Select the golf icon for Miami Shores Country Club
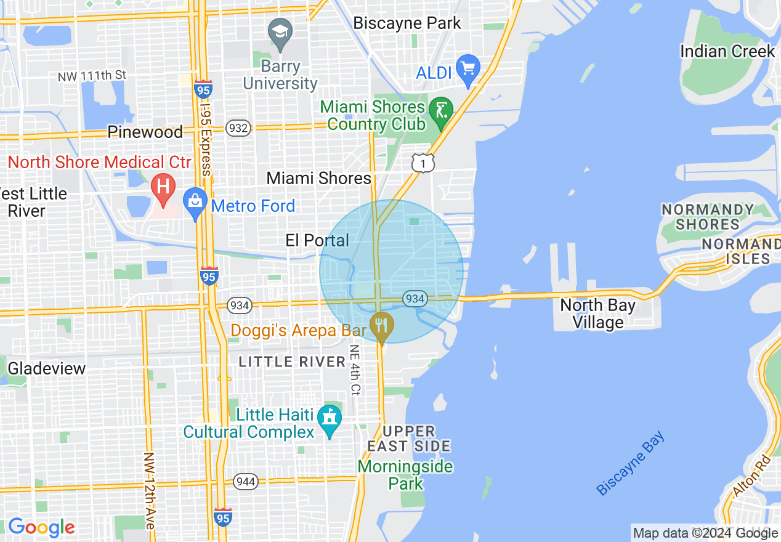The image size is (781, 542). [441, 111]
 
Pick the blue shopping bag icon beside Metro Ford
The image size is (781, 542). [195, 201]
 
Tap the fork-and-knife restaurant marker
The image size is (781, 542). [382, 325]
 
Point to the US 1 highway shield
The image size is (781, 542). [423, 162]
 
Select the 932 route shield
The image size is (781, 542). [237, 128]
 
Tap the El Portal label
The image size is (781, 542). [318, 240]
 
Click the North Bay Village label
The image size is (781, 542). [598, 313]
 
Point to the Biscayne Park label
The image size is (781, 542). [407, 23]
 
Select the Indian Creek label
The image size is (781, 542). [727, 51]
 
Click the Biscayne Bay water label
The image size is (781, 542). [631, 463]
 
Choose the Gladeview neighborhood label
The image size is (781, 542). [47, 368]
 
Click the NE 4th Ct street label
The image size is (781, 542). [355, 369]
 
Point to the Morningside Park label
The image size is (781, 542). [405, 474]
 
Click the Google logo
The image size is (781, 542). [41, 527]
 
